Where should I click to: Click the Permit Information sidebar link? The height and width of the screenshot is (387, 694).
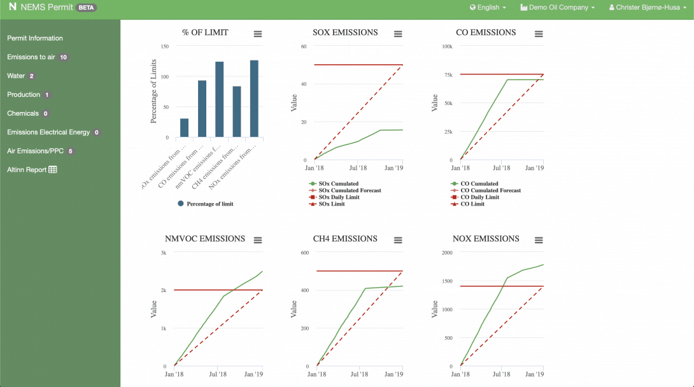pyautogui.click(x=35, y=38)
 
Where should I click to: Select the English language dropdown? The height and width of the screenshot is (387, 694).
pyautogui.click(x=488, y=8)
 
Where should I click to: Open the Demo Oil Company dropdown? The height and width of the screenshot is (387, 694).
pyautogui.click(x=557, y=8)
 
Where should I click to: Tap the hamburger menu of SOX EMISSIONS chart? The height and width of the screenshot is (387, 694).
pyautogui.click(x=398, y=34)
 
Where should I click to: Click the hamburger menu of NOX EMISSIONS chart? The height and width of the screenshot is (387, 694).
pyautogui.click(x=539, y=240)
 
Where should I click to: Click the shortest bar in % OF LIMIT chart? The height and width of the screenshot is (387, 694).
pyautogui.click(x=184, y=128)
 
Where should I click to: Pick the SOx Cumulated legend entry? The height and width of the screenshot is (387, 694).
pyautogui.click(x=337, y=184)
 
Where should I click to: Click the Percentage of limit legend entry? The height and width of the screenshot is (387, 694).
pyautogui.click(x=210, y=204)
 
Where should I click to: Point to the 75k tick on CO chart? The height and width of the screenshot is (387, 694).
pyautogui.click(x=448, y=75)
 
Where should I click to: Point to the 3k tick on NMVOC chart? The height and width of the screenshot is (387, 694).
pyautogui.click(x=163, y=253)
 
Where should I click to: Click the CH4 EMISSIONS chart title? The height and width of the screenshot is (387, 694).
pyautogui.click(x=345, y=239)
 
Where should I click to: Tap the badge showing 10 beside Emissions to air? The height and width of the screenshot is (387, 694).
pyautogui.click(x=63, y=57)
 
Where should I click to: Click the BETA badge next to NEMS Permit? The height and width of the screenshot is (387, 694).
pyautogui.click(x=87, y=8)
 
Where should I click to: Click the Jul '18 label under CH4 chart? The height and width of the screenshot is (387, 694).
pyautogui.click(x=359, y=375)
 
